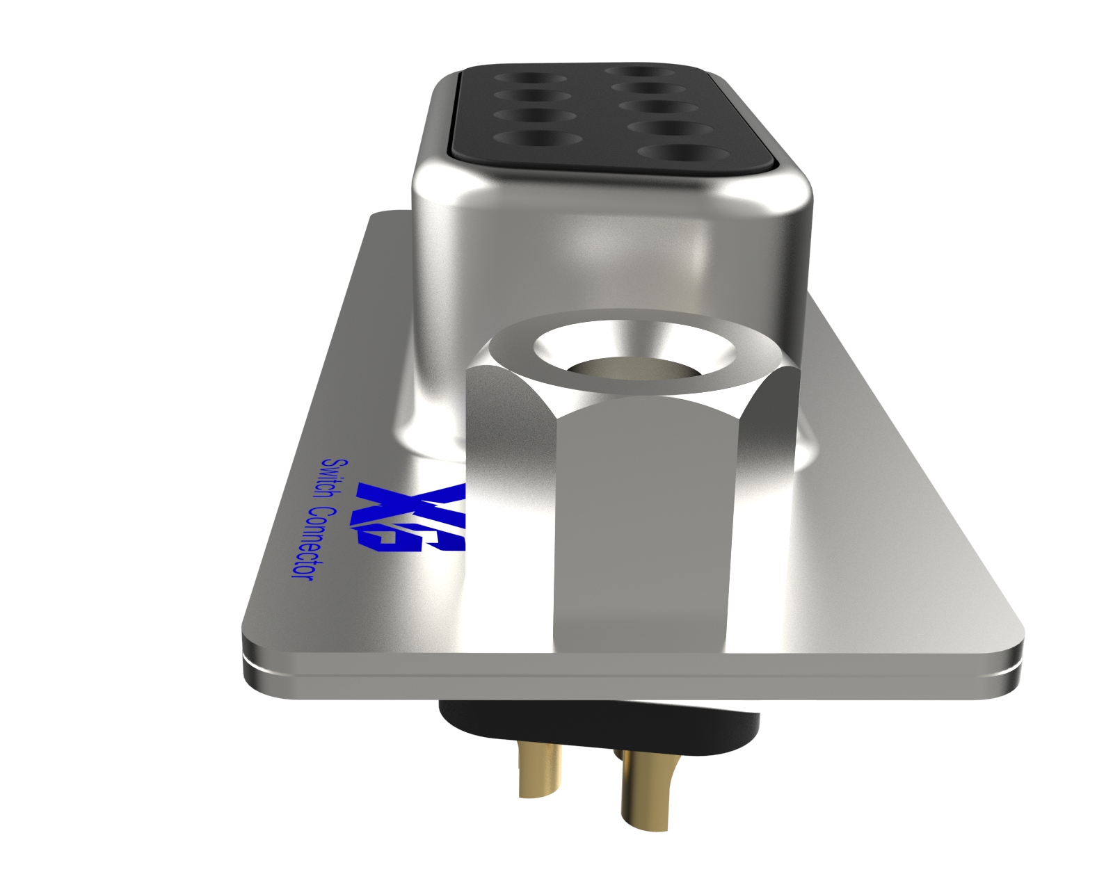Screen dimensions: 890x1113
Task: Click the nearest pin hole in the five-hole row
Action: pos(680,152)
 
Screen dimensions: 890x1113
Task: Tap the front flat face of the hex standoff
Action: pos(640,528)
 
